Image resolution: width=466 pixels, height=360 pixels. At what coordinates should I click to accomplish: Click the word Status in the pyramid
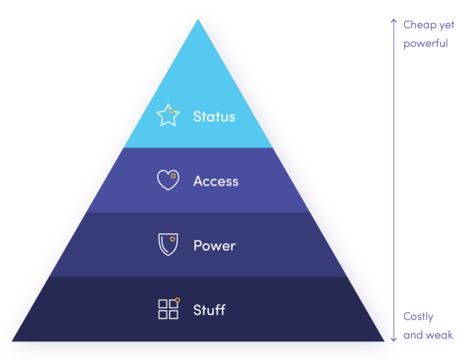click(x=214, y=116)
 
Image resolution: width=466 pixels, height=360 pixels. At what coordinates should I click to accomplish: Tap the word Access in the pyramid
click(x=216, y=181)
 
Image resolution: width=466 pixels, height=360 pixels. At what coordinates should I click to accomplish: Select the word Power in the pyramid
click(x=214, y=246)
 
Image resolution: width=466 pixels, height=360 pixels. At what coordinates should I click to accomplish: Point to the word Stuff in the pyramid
click(x=209, y=310)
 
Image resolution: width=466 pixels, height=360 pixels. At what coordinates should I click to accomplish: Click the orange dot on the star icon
click(x=172, y=111)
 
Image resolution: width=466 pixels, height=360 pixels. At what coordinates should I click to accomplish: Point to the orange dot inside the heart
click(x=173, y=176)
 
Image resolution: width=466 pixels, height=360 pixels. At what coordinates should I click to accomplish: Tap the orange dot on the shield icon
click(x=172, y=239)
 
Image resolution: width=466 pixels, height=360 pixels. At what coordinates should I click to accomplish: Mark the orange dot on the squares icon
click(x=178, y=300)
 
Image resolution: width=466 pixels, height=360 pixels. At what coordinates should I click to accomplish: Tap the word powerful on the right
click(x=425, y=43)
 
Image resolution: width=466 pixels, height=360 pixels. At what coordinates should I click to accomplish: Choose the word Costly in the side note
click(x=418, y=317)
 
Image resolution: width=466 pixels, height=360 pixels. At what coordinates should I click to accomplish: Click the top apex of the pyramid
click(x=198, y=19)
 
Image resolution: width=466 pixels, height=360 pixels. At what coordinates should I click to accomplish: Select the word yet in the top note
click(x=447, y=25)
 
